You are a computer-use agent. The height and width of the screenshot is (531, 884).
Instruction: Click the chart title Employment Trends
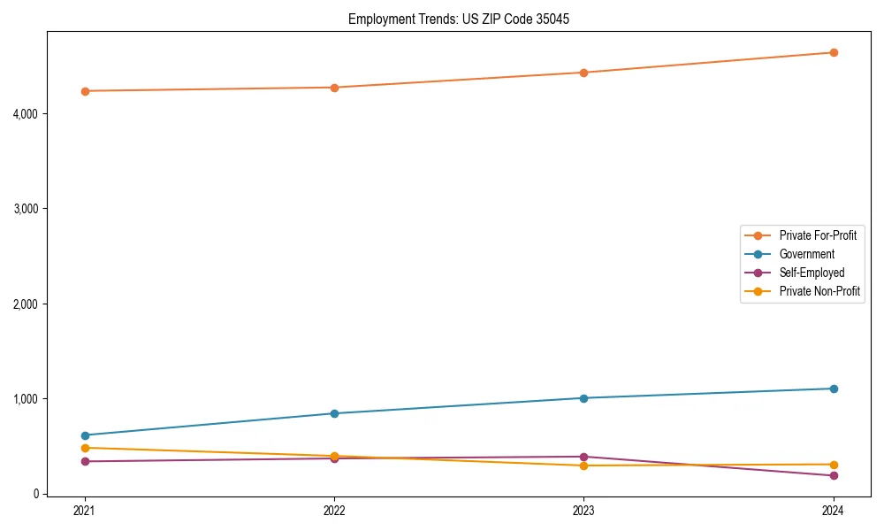click(x=452, y=19)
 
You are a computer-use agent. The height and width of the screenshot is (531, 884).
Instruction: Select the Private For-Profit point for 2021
click(x=85, y=91)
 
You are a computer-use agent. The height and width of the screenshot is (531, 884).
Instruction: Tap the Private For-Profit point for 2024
click(x=834, y=52)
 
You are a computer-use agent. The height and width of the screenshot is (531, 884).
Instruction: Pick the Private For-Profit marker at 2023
click(x=584, y=73)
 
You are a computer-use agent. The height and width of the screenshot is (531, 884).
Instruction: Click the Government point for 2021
click(x=85, y=435)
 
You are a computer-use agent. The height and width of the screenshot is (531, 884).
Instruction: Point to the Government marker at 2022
click(x=334, y=413)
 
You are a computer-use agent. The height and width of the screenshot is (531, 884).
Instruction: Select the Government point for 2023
click(x=584, y=398)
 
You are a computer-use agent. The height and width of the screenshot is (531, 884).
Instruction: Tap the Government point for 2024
click(x=834, y=389)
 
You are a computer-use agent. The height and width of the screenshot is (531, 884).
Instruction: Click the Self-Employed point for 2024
click(x=834, y=476)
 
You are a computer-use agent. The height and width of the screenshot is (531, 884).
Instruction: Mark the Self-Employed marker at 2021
click(x=85, y=461)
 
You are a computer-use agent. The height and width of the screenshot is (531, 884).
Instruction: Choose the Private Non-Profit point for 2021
click(x=85, y=448)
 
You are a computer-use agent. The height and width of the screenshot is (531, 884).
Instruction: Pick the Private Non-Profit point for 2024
click(x=834, y=465)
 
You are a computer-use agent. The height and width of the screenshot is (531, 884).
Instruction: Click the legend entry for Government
click(x=806, y=254)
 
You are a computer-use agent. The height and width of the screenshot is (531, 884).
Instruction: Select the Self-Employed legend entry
click(x=812, y=273)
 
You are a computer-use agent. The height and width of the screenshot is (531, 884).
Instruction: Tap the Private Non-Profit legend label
click(x=819, y=291)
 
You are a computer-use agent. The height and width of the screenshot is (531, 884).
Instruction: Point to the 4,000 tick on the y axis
click(x=26, y=114)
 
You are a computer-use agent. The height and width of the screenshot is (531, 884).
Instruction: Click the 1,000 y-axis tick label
click(x=26, y=399)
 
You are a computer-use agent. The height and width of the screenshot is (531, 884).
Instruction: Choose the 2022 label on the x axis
click(x=334, y=510)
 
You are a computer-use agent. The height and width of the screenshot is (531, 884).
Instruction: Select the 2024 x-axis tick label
click(x=834, y=510)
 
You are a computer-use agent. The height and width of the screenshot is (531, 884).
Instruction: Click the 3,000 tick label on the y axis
click(x=26, y=209)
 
